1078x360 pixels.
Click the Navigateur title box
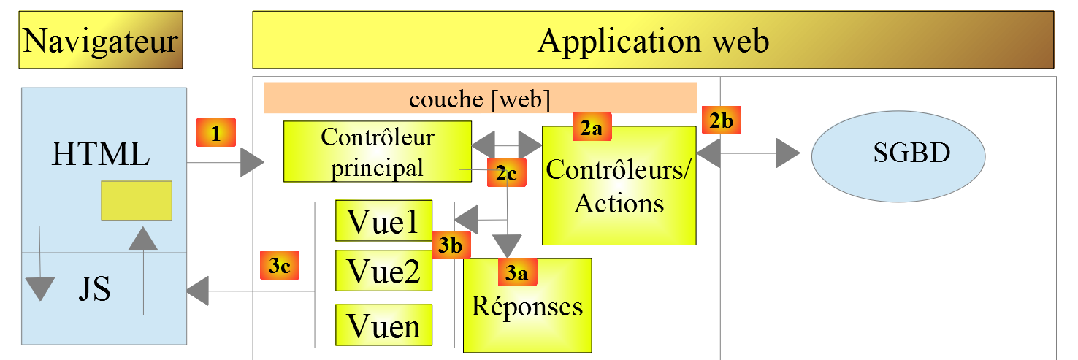[101, 40]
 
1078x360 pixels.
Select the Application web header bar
[653, 40]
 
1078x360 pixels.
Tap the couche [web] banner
[479, 98]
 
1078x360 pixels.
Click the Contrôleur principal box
[377, 152]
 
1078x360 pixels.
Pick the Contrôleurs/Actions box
[619, 186]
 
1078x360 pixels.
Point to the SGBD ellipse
[899, 154]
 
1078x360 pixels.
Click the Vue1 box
[383, 221]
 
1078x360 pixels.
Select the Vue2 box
[383, 270]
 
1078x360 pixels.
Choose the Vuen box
[383, 325]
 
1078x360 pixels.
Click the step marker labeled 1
[215, 133]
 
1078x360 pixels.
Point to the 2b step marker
[722, 120]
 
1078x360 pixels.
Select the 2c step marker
[506, 173]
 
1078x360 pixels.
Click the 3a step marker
[517, 272]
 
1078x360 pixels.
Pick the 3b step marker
[451, 245]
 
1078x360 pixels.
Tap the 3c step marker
[280, 266]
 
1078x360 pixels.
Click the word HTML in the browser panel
[101, 154]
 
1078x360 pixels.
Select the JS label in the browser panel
[95, 290]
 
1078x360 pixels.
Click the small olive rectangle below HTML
[137, 201]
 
